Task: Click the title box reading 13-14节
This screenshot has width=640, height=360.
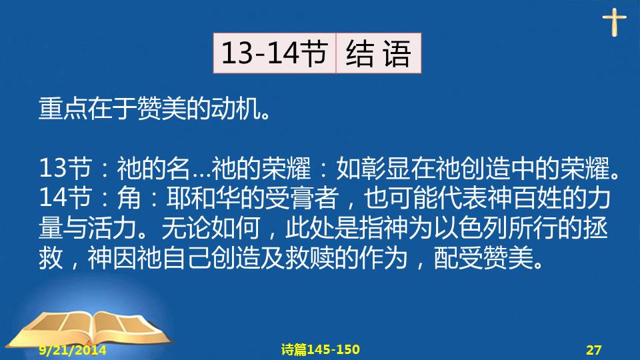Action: pyautogui.click(x=274, y=53)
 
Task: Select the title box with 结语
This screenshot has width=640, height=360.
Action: pyautogui.click(x=379, y=53)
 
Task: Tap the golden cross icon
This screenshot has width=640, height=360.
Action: pyautogui.click(x=614, y=23)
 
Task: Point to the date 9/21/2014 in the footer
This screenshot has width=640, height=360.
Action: pyautogui.click(x=73, y=350)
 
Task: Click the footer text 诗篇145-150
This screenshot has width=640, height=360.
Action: pyautogui.click(x=321, y=349)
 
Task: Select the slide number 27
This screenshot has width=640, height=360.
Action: pyautogui.click(x=594, y=350)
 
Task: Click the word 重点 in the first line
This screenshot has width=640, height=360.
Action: pyautogui.click(x=63, y=109)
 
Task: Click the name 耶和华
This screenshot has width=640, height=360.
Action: pyautogui.click(x=203, y=198)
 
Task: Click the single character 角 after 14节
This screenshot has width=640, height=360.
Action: pyautogui.click(x=129, y=198)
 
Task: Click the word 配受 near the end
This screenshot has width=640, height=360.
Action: pyautogui.click(x=459, y=258)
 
